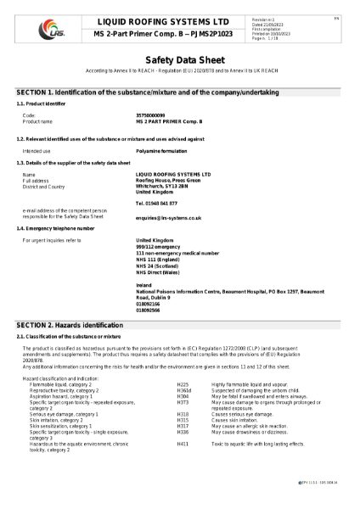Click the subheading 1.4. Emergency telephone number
(55, 228)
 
